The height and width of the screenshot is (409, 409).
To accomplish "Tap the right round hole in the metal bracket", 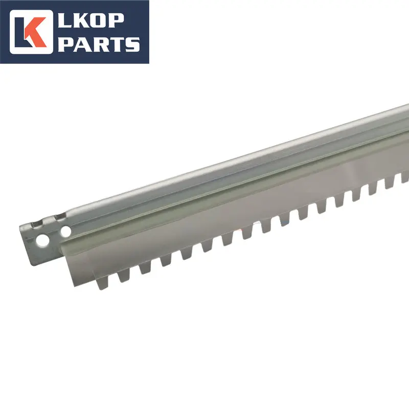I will [65, 232].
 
